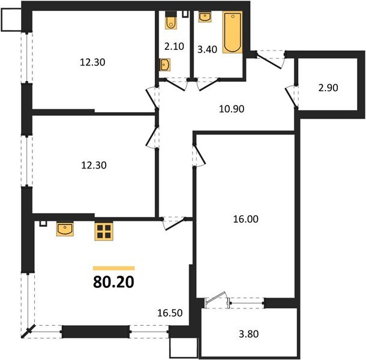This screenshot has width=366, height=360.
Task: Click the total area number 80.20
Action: tap(113, 282)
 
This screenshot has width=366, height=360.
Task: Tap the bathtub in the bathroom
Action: tap(232, 32)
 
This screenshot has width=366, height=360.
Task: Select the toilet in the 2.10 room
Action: tap(170, 22)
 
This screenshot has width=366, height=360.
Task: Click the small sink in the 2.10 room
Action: tap(164, 64)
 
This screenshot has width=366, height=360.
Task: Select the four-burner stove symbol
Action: tap(104, 232)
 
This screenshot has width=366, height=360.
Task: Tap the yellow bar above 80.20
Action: tap(113, 268)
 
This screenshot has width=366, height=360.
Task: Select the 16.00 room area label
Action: tap(246, 219)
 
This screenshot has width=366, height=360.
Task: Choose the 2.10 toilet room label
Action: tap(175, 46)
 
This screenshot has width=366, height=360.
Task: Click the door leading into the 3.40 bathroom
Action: tap(207, 84)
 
